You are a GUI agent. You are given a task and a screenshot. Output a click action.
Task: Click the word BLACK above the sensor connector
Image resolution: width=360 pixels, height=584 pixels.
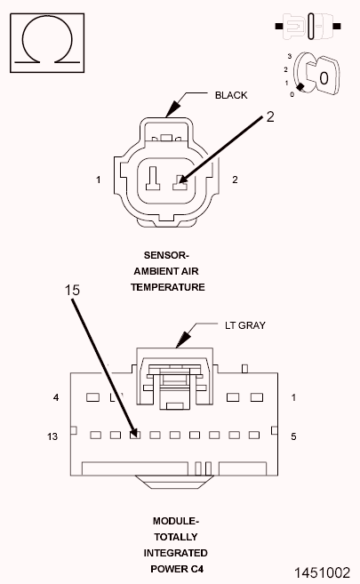click(230, 94)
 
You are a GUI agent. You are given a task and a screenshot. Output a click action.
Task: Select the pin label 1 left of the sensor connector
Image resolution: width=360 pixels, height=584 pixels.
click(99, 180)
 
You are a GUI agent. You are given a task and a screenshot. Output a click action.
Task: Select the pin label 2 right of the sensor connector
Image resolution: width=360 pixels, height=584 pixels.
click(235, 180)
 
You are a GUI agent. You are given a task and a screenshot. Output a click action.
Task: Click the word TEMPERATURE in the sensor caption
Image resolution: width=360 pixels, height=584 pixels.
click(168, 287)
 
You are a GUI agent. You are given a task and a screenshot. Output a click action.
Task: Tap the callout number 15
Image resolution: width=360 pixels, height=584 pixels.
click(74, 289)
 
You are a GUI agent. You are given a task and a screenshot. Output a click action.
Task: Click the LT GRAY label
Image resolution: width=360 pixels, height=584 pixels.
click(245, 325)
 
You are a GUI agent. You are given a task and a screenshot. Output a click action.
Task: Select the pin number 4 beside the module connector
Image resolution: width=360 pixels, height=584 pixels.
click(56, 397)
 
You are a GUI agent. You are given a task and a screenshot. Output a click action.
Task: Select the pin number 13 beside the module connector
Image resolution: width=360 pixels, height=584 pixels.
click(54, 436)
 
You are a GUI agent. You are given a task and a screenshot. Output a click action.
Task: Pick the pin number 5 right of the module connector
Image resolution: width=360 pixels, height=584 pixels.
click(293, 436)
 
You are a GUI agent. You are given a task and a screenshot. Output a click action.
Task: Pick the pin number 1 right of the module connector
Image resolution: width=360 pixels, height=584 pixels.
click(293, 397)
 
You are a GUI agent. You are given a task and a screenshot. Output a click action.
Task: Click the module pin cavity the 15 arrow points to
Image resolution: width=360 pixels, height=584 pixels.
click(134, 435)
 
